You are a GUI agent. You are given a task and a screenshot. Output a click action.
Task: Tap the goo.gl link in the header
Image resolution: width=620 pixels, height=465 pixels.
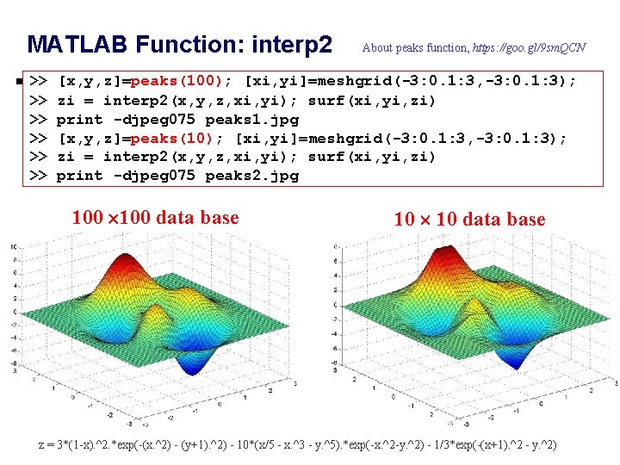[x=530, y=47]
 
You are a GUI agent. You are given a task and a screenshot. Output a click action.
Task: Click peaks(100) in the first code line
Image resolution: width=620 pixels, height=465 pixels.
[x=180, y=82]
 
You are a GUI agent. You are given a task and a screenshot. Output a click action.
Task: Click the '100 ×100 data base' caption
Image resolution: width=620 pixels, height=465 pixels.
[x=155, y=218]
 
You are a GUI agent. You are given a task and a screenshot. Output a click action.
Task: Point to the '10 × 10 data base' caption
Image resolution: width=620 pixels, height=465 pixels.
[x=469, y=220]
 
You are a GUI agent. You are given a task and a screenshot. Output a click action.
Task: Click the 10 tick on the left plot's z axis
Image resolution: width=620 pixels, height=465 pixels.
[x=13, y=246]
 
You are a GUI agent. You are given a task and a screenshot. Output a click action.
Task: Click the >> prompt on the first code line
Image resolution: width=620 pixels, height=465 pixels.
[x=38, y=82]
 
